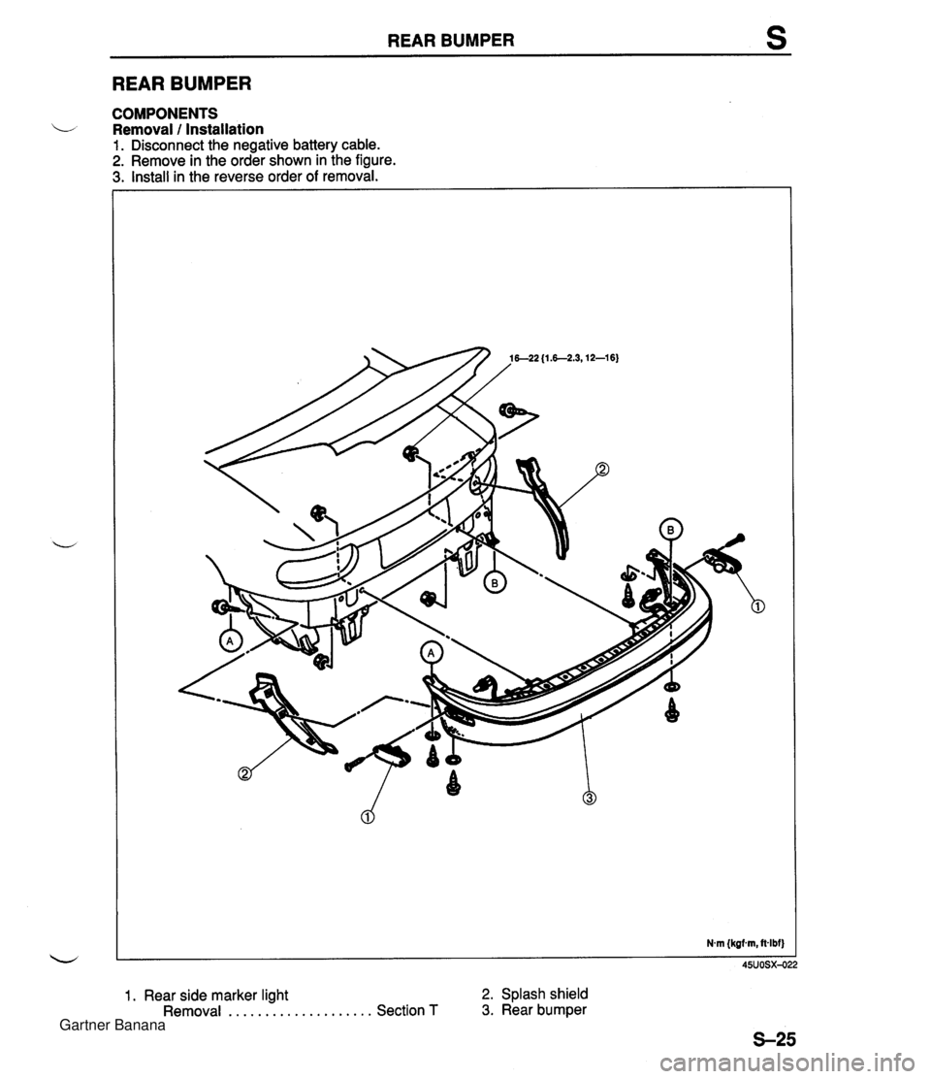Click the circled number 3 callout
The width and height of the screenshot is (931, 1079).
pos(590,798)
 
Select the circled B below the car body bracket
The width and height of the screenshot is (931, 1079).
pos(492,583)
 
